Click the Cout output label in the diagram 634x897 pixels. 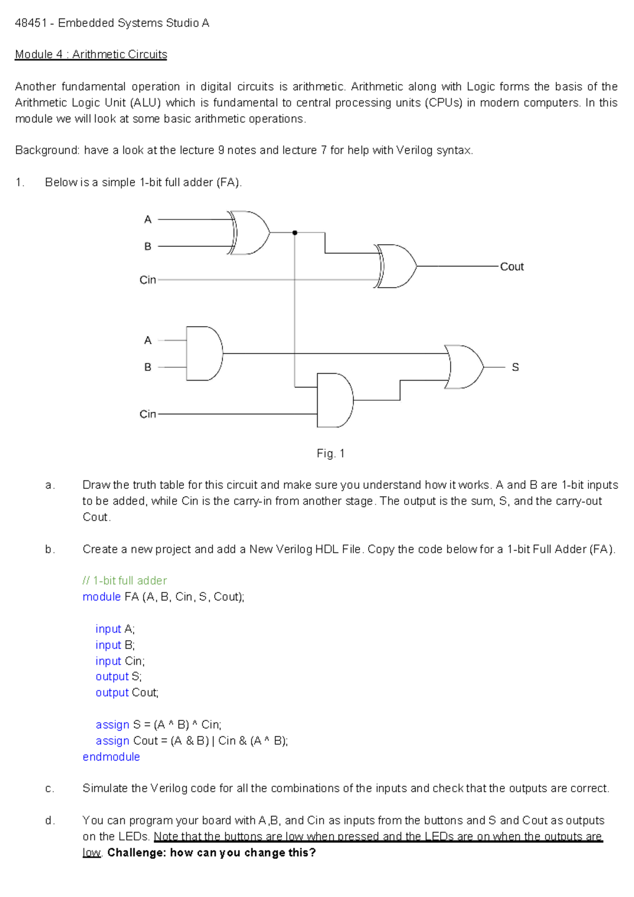tap(511, 267)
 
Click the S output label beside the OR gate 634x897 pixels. tap(515, 367)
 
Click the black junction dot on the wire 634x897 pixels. tap(295, 233)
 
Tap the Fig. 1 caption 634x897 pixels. tap(330, 454)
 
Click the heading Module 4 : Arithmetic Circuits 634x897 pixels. tap(91, 54)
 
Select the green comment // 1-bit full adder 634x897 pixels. tap(125, 580)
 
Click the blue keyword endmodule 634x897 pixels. tap(111, 756)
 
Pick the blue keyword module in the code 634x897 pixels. tap(102, 597)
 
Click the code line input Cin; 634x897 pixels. tap(120, 661)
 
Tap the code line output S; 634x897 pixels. tap(118, 677)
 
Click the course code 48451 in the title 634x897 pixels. tap(31, 23)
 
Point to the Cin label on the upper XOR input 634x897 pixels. tap(147, 280)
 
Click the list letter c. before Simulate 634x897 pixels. tap(50, 789)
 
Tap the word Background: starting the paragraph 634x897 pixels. tap(48, 151)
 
